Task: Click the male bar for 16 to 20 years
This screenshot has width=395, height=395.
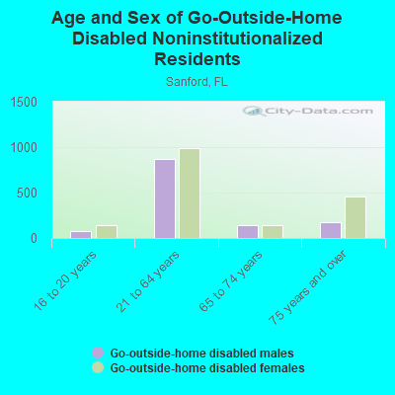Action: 80,234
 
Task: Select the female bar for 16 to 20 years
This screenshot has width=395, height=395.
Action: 106,231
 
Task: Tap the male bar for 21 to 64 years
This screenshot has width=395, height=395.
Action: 164,198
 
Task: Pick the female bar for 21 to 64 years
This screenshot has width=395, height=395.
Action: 190,194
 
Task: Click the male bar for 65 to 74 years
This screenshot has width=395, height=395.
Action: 247,231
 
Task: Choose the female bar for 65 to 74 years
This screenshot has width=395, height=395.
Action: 272,231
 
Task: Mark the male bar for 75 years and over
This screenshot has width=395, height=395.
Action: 330,230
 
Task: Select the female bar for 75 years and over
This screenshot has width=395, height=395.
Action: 355,217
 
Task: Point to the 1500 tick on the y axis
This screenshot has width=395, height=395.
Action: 25,102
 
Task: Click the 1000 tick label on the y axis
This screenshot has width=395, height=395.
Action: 25,147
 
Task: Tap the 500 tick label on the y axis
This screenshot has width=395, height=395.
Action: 29,193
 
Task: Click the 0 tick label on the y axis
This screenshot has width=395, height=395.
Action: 34,238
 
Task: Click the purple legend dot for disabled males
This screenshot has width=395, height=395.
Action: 98,353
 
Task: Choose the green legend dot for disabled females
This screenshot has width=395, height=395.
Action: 98,367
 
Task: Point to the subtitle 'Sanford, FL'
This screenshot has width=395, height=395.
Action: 197,81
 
